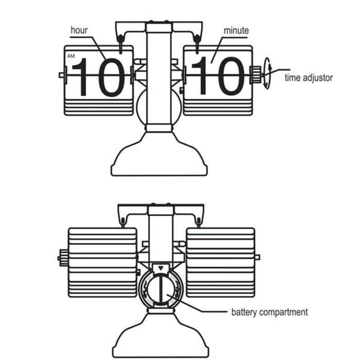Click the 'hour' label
[x=79, y=31]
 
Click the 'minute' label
[x=236, y=31]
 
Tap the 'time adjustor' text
[x=308, y=78]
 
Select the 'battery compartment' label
[x=269, y=312]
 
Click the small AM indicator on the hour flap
[x=71, y=56]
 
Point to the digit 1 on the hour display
[x=80, y=77]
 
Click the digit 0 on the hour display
[x=112, y=77]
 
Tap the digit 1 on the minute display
[x=200, y=76]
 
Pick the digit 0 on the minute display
[x=231, y=76]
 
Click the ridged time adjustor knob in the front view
[x=256, y=74]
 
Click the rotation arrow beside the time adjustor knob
[x=267, y=73]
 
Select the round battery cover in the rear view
[x=161, y=290]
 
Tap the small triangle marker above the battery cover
[x=161, y=268]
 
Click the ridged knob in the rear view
[x=64, y=258]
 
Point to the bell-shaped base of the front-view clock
[x=159, y=154]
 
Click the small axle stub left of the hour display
[x=62, y=75]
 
